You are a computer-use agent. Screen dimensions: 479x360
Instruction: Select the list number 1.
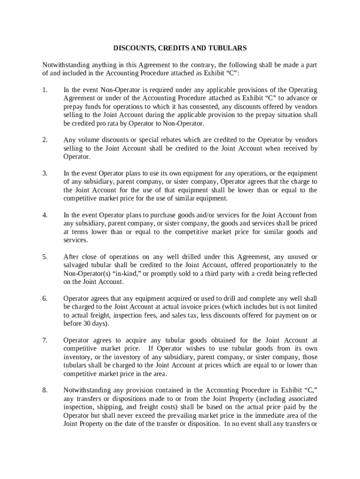[x=44, y=90]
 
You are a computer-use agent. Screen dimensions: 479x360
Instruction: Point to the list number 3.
[x=44, y=173]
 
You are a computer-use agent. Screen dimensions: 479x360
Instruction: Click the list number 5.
[x=44, y=257]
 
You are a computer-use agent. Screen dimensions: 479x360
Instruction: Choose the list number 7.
[x=44, y=340]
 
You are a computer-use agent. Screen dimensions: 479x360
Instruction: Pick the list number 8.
[x=44, y=390]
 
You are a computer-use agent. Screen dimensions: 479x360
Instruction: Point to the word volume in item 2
[x=86, y=140]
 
